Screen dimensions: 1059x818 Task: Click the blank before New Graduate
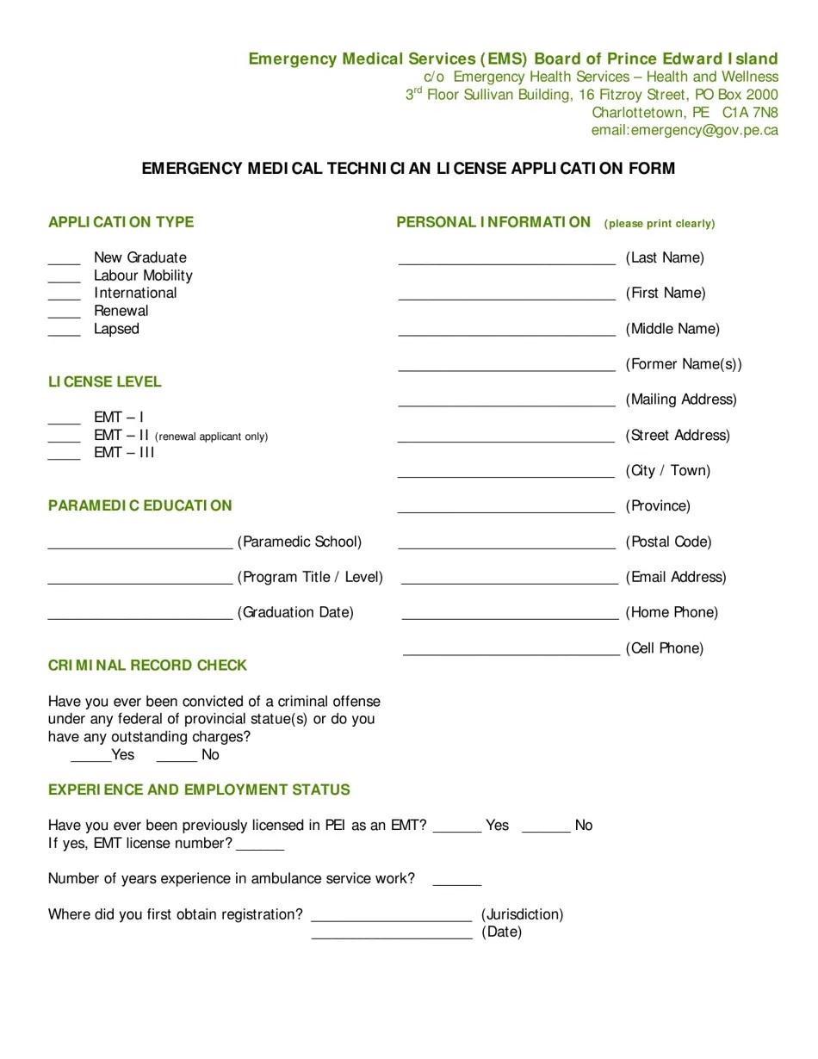point(64,259)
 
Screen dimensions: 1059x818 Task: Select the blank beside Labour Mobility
point(64,277)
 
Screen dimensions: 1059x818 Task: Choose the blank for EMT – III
point(64,455)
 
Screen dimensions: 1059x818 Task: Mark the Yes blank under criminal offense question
point(90,757)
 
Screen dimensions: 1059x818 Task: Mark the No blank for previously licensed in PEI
point(546,827)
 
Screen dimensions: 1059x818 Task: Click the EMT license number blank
point(260,845)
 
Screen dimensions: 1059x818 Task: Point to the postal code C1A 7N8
point(750,113)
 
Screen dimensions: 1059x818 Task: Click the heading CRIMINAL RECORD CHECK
point(147,666)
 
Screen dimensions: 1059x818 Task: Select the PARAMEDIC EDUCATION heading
point(140,505)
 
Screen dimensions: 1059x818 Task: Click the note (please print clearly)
point(660,224)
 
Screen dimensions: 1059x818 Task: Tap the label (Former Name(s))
point(684,364)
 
